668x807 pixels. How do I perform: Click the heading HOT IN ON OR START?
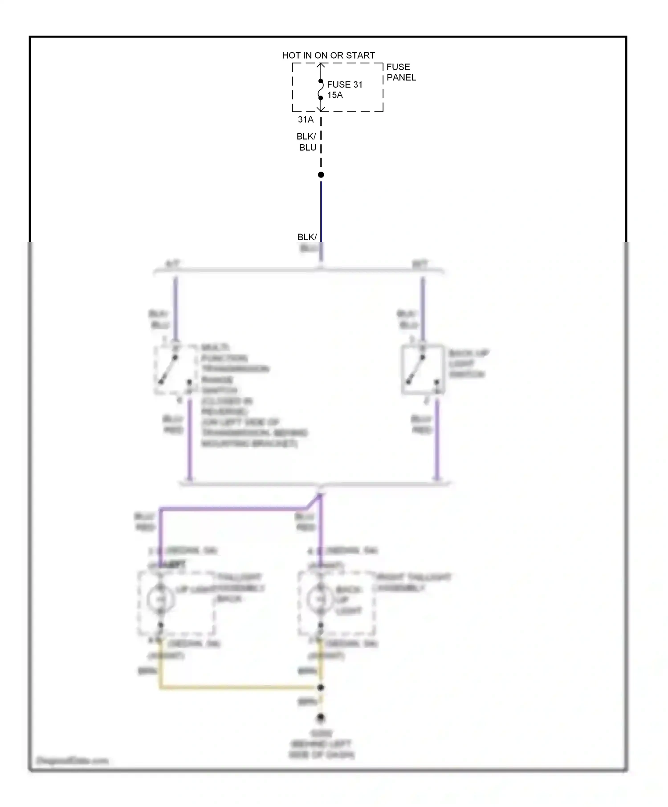pos(328,55)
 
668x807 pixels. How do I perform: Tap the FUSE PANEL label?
pos(400,72)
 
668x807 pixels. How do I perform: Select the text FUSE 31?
pos(344,85)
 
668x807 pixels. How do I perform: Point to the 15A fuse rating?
pos(335,95)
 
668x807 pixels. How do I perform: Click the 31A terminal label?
pos(305,120)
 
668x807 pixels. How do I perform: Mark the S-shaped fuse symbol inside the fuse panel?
pos(320,90)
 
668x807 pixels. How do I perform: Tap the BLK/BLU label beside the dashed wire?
pos(307,142)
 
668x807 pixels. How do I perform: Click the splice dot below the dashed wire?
pos(321,175)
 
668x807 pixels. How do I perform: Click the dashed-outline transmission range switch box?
pos(175,370)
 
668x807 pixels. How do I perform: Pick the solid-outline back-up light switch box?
pos(423,370)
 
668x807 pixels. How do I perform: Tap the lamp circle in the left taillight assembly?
pos(161,599)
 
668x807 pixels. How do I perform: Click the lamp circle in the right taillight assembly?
pos(320,599)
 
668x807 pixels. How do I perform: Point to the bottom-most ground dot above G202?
pos(321,718)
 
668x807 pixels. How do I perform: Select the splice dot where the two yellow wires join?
pos(321,687)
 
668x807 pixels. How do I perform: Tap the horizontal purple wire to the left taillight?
pos(232,508)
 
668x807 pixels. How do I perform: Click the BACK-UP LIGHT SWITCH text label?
pos(468,363)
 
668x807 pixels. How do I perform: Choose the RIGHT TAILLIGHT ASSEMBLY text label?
pos(413,582)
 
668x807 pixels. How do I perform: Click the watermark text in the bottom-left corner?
pos(72,761)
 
